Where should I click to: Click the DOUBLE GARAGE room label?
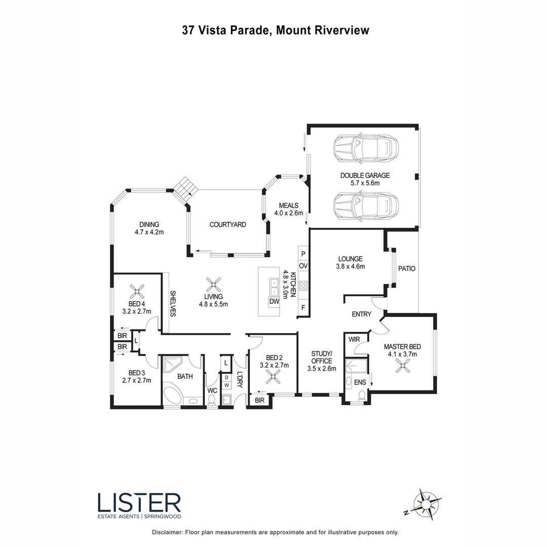[x=365, y=175]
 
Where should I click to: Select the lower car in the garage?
[x=365, y=206]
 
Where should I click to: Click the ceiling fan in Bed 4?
[x=137, y=291]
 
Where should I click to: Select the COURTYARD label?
[x=228, y=224]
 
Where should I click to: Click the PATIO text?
[x=407, y=268]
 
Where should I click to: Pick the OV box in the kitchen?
[x=303, y=266]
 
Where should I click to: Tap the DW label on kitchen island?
[x=275, y=302]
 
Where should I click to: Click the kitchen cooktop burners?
[x=303, y=285]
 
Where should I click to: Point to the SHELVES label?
[x=172, y=303]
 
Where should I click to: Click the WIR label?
[x=354, y=340]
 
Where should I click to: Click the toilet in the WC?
[x=212, y=400]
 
